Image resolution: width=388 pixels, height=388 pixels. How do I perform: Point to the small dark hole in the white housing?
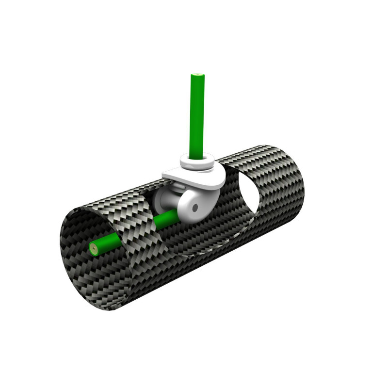click(x=194, y=207)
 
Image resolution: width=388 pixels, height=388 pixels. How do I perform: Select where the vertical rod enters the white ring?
click(x=197, y=156)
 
